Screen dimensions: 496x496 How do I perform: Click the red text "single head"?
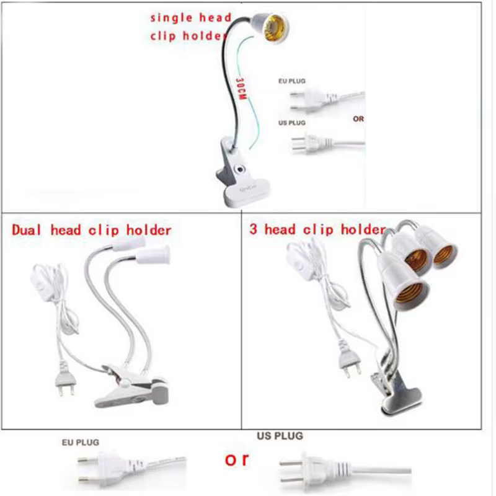pos(191,18)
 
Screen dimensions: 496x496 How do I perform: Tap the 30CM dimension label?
pos(241,89)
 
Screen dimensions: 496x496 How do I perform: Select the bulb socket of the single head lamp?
pos(272,28)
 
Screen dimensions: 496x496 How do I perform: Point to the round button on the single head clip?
pos(241,169)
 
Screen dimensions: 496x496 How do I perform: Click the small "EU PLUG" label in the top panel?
pos(291,81)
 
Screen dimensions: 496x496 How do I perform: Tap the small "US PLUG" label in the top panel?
pos(291,123)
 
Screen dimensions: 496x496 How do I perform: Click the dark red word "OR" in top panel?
pos(358,119)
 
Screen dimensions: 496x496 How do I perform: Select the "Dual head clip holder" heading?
pos(92,230)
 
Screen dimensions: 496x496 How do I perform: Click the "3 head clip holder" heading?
pos(317,229)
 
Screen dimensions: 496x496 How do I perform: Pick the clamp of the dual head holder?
pos(133,387)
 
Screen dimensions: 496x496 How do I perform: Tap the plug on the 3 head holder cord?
pos(350,360)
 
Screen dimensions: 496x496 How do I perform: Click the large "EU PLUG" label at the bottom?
pos(81,442)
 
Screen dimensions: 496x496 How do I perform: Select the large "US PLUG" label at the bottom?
pos(280,436)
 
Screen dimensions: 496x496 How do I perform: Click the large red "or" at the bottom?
pos(237,459)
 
